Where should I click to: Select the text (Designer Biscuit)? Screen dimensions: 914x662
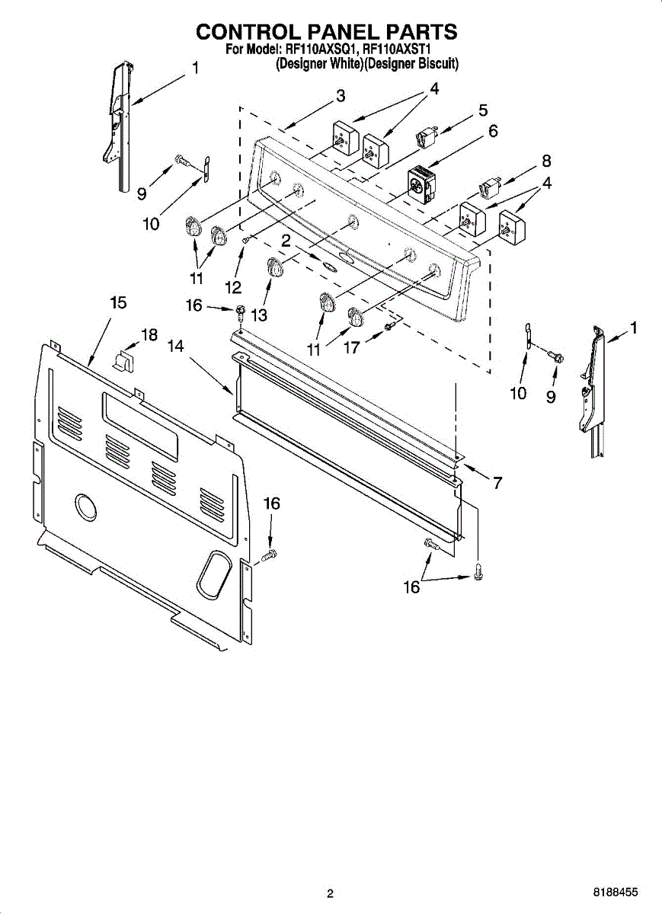(411, 64)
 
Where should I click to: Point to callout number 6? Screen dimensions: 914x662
(493, 131)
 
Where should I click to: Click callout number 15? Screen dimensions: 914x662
(117, 302)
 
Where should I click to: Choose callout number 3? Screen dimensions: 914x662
(341, 96)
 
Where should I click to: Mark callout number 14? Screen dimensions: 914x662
(176, 345)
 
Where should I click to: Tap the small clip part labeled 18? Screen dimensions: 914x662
(124, 359)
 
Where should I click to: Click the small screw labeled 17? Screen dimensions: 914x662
(389, 326)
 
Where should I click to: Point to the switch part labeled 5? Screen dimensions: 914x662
(425, 139)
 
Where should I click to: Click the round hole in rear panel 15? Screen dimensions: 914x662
(85, 507)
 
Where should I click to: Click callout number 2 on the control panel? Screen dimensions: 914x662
(286, 240)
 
